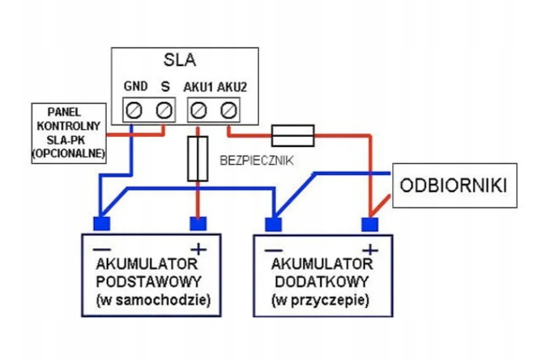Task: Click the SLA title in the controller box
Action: (x=180, y=60)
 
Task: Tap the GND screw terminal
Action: (x=133, y=109)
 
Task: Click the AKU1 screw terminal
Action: (x=199, y=109)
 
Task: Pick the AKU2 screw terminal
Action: (x=229, y=109)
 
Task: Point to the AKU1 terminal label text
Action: (x=198, y=87)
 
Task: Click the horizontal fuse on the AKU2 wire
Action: (x=292, y=135)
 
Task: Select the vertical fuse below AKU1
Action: (x=198, y=159)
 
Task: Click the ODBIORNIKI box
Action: (x=454, y=186)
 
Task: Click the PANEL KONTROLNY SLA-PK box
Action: (x=69, y=132)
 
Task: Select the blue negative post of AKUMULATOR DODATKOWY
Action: (x=273, y=224)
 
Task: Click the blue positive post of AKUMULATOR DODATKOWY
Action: (x=369, y=224)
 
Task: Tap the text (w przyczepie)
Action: (x=320, y=301)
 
